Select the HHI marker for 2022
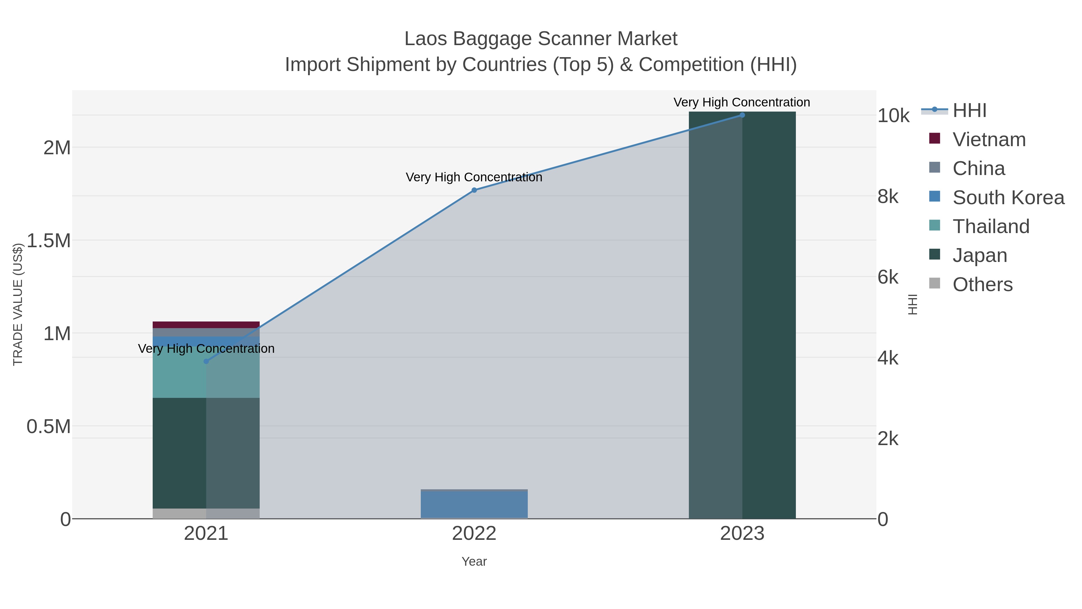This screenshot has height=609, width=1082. pyautogui.click(x=474, y=190)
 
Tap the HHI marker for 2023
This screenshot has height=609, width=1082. pyautogui.click(x=742, y=115)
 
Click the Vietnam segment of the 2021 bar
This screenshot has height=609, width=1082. pyautogui.click(x=206, y=325)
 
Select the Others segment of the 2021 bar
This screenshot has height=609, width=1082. pyautogui.click(x=206, y=514)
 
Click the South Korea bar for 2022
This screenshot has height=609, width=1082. pyautogui.click(x=474, y=505)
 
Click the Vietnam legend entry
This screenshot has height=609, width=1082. pyautogui.click(x=989, y=140)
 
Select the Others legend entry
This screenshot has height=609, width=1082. pyautogui.click(x=982, y=285)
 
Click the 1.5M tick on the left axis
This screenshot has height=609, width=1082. pyautogui.click(x=49, y=241)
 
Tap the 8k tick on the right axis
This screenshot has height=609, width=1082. pyautogui.click(x=888, y=197)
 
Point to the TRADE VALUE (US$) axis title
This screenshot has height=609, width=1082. pyautogui.click(x=18, y=304)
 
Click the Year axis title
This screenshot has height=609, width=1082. pyautogui.click(x=474, y=561)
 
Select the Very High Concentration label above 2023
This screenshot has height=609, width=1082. pyautogui.click(x=742, y=103)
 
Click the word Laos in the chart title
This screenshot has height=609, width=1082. pyautogui.click(x=426, y=39)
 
